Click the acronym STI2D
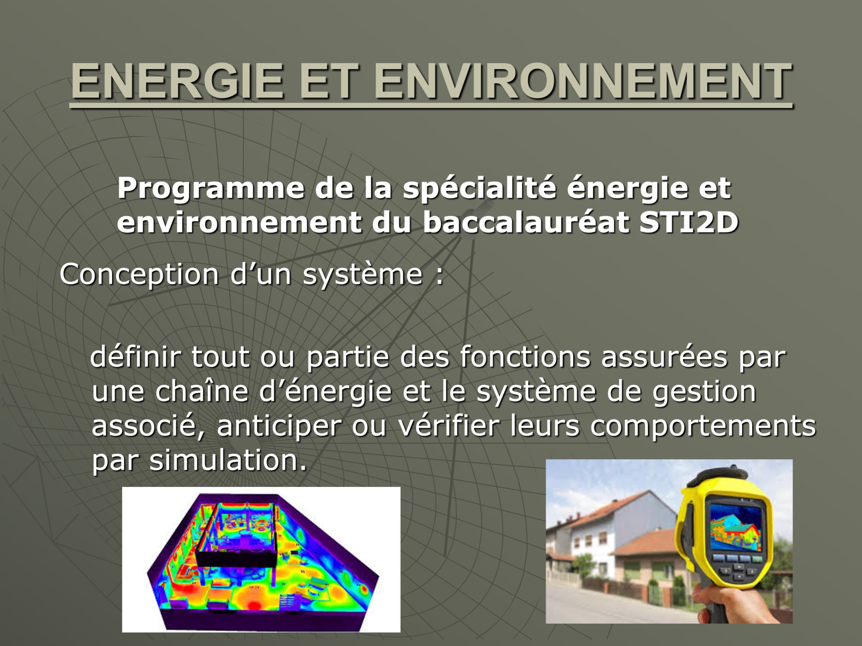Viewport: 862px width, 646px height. tap(689, 223)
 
